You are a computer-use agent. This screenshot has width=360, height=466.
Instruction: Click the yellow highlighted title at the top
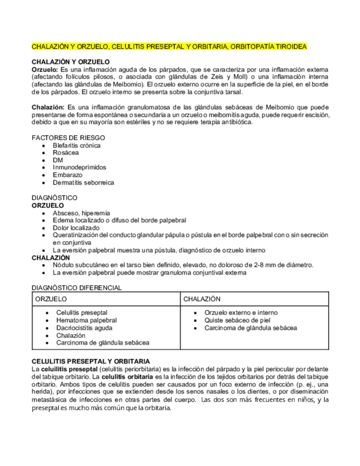169,47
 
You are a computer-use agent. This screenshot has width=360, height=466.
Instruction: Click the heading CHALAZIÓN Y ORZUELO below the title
70,62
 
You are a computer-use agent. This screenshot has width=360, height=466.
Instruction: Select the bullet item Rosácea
67,152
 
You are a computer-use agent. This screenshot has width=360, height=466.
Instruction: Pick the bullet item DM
58,160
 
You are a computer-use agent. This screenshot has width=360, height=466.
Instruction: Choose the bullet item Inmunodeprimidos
79,167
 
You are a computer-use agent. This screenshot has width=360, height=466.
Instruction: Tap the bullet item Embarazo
68,175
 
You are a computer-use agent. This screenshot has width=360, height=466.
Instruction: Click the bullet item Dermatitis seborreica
83,182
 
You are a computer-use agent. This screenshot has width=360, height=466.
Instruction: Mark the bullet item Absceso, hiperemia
81,213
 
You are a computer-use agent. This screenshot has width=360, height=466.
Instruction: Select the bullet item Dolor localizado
76,228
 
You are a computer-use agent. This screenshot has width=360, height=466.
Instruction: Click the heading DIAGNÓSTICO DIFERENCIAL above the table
76,287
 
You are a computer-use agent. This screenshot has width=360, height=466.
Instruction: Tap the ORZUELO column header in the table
51,299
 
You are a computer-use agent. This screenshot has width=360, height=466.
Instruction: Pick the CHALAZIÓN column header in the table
202,299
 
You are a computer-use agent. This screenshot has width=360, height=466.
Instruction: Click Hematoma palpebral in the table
86,320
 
